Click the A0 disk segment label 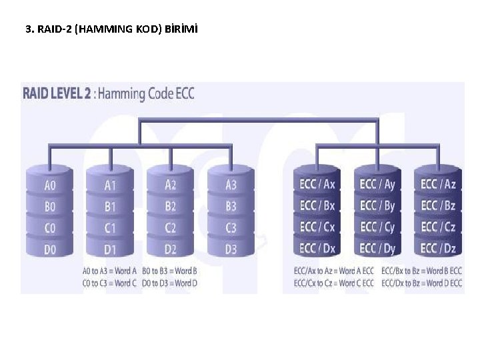pyautogui.click(x=50, y=185)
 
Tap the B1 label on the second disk pyautogui.click(x=110, y=207)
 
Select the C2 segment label pyautogui.click(x=171, y=228)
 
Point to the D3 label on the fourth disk pyautogui.click(x=231, y=249)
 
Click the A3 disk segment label pyautogui.click(x=231, y=185)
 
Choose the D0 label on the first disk pyautogui.click(x=50, y=249)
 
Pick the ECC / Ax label pyautogui.click(x=317, y=184)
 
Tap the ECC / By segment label pyautogui.click(x=377, y=205)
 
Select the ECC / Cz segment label pyautogui.click(x=438, y=227)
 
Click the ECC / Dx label pyautogui.click(x=317, y=248)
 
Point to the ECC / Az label pyautogui.click(x=438, y=184)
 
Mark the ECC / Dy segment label pyautogui.click(x=377, y=248)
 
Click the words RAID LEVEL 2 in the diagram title pyautogui.click(x=57, y=93)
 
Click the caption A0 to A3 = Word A pyautogui.click(x=109, y=271)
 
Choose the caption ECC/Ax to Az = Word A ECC pyautogui.click(x=333, y=271)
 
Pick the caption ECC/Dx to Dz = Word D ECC pyautogui.click(x=421, y=283)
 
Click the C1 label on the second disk pyautogui.click(x=110, y=228)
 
